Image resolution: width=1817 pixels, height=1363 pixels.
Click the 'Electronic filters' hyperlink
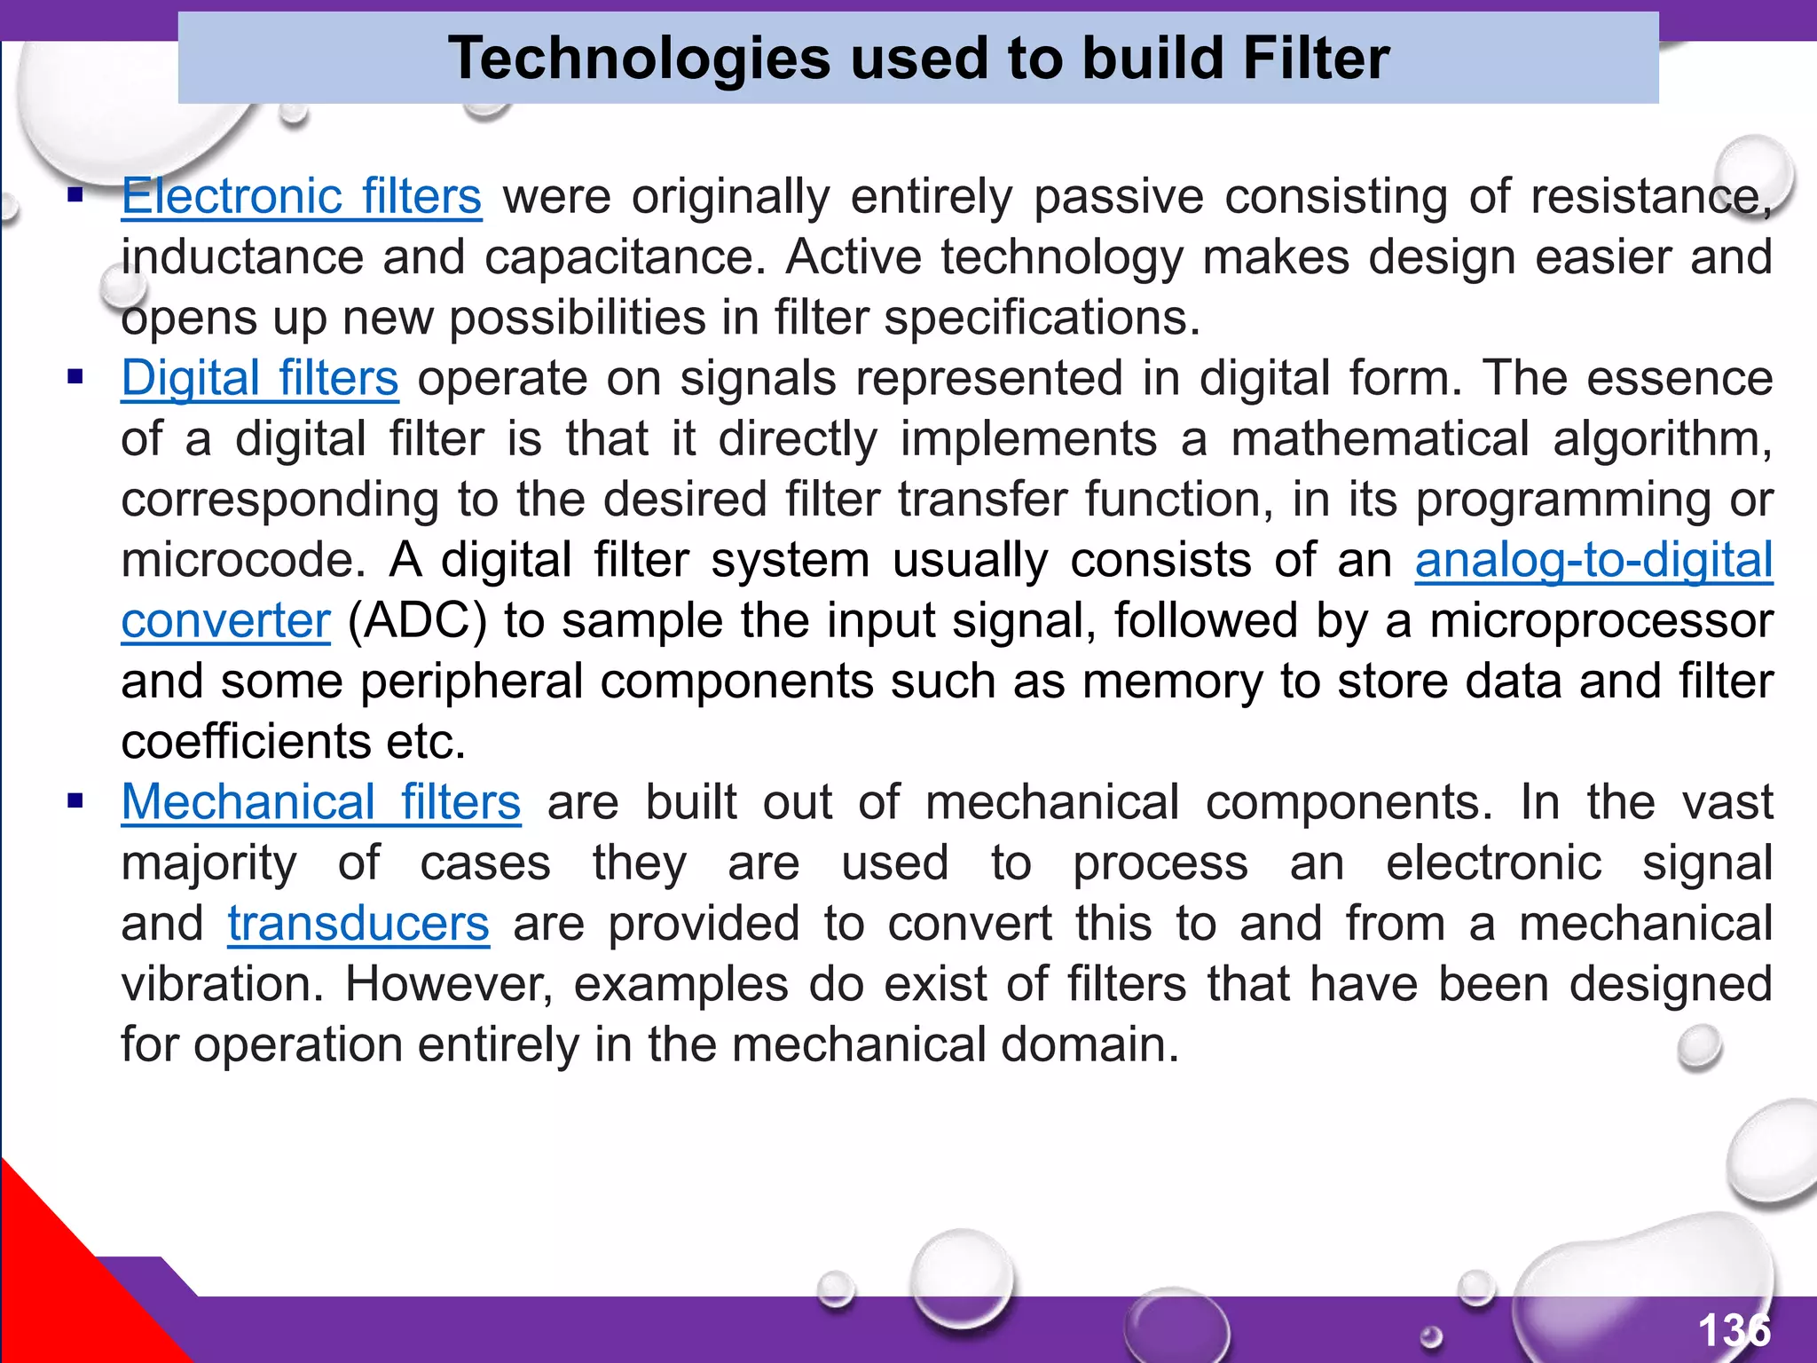coord(302,196)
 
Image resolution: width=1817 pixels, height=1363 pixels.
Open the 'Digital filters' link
coord(260,378)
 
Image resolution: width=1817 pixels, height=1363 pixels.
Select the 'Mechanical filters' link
coord(320,802)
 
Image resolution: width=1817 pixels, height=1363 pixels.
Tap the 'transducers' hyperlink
coord(358,924)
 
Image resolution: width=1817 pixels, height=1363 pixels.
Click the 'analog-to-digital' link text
coord(1593,560)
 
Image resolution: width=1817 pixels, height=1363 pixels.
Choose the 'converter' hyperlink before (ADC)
coord(225,620)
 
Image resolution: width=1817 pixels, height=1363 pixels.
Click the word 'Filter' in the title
coord(1316,59)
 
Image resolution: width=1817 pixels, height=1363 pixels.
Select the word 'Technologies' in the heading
coord(639,59)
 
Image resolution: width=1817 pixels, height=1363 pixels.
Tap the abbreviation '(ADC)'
coord(417,620)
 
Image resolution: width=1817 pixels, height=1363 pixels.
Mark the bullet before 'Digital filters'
coord(75,378)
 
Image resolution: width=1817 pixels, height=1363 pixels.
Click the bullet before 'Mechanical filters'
coord(75,802)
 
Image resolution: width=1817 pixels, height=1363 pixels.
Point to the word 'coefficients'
coord(245,742)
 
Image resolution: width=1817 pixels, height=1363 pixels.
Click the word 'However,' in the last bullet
coord(449,984)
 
